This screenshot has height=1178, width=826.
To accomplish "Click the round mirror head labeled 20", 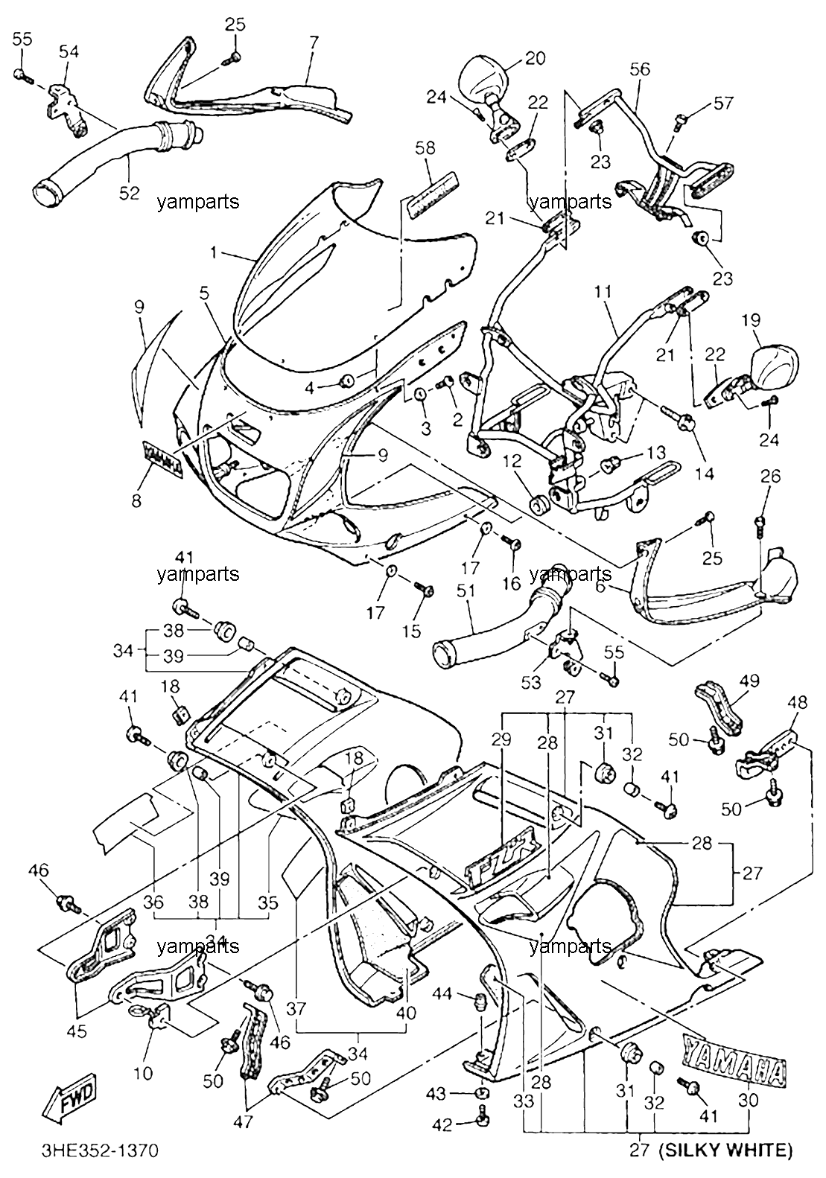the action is click(483, 78).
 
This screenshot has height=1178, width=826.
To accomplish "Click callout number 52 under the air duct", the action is click(129, 193).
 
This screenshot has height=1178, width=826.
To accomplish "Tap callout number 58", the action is click(425, 148).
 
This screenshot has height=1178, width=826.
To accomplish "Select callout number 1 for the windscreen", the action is click(213, 253).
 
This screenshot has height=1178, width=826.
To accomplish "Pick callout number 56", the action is click(641, 69).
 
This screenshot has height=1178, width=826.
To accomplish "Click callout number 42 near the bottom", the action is click(442, 1125).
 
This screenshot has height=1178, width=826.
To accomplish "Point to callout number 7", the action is click(314, 42).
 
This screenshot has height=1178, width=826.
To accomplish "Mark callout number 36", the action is click(153, 902).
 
